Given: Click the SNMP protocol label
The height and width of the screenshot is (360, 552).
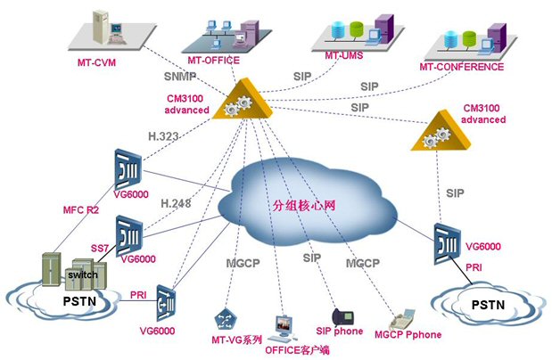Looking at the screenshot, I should (x=180, y=78).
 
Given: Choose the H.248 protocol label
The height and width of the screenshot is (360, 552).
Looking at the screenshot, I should (x=177, y=203).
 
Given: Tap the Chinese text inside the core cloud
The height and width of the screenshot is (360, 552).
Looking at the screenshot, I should (x=304, y=206).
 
